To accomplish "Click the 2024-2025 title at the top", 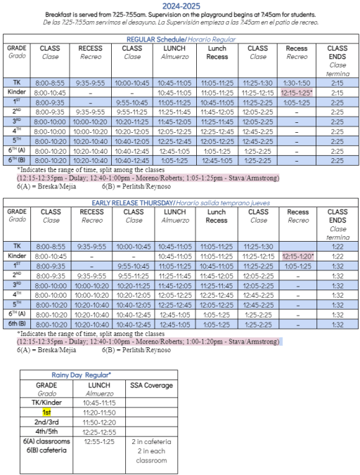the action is pos(179,6).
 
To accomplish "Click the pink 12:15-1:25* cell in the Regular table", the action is pos(298,91).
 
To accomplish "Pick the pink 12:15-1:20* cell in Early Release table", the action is pos(298,256).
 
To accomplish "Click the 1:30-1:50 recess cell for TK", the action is pos(298,82).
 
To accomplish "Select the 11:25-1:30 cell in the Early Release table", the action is pos(258,246).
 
